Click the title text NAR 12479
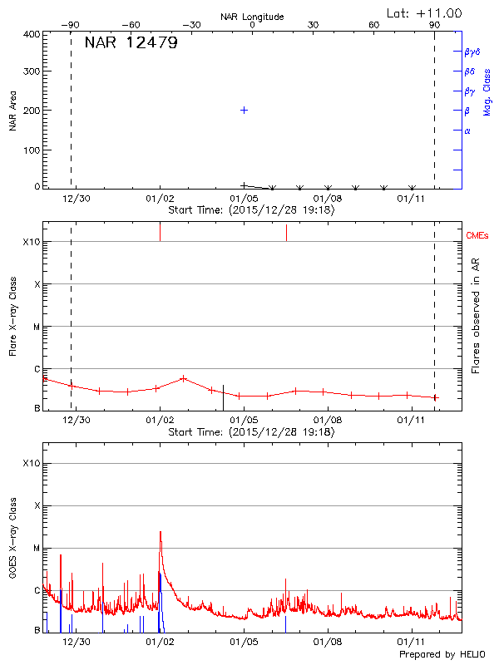tap(131, 43)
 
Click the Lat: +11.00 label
tap(425, 12)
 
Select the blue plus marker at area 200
tap(244, 110)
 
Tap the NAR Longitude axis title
tap(252, 17)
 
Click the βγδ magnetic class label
tap(472, 52)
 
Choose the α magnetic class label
tap(467, 131)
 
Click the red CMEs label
tap(479, 236)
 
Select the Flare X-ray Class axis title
tap(12, 318)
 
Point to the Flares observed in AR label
tap(476, 316)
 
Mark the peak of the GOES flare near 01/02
tap(160, 531)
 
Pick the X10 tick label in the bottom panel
tap(32, 462)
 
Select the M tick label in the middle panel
tap(36, 327)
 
